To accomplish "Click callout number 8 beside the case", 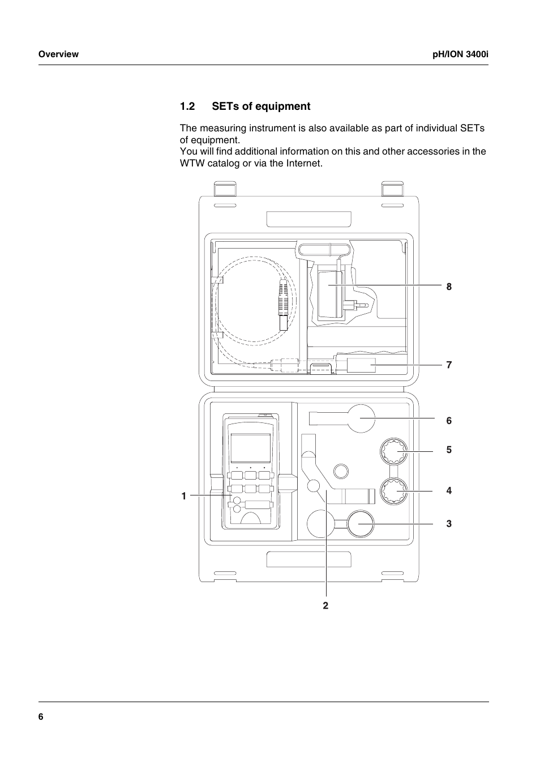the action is tap(449, 287).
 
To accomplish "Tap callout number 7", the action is tap(449, 365).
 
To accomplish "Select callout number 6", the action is tap(449, 421).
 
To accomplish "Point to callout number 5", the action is tap(449, 450).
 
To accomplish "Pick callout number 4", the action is tap(449, 491).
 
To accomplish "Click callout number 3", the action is tap(449, 524).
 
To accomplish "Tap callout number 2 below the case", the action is tap(325, 605).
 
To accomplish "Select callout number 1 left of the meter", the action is tap(184, 496).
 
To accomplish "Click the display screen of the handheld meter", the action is tap(251, 448).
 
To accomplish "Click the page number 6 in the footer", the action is tap(41, 717).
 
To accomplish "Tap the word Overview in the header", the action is tap(58, 54).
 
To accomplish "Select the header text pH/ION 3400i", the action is tap(460, 54).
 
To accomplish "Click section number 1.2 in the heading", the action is tap(187, 106).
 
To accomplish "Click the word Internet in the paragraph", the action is tap(303, 163).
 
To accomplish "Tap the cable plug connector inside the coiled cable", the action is tap(284, 305).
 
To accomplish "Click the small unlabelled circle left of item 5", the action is tap(341, 472).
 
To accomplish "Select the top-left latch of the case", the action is tap(225, 189).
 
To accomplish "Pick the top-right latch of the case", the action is tap(392, 189).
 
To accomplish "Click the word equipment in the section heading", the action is tap(283, 107).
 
